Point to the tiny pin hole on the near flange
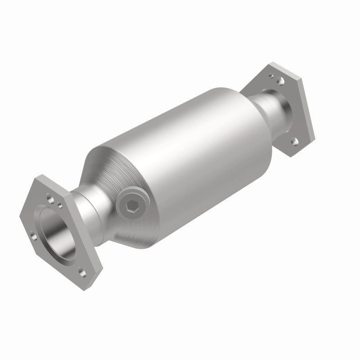(x=60, y=207)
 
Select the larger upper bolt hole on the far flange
(x=280, y=81)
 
